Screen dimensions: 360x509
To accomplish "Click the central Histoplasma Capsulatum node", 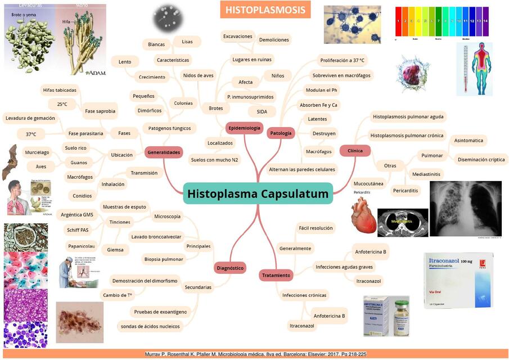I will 258,194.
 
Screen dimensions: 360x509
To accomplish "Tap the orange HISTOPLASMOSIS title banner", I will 265,10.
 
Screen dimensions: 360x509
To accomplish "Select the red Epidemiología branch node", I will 244,128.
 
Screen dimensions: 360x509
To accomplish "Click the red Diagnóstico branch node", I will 231,268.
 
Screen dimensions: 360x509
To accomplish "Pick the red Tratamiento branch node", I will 276,275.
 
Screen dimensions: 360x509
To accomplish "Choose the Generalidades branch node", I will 164,152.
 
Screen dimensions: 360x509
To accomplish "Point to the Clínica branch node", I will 355,150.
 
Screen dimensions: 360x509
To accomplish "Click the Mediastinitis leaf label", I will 426,174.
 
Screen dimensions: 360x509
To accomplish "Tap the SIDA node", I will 262,111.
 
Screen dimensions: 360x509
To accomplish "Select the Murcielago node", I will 37,152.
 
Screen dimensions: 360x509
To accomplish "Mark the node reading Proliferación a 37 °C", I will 343,60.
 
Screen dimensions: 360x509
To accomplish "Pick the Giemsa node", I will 115,250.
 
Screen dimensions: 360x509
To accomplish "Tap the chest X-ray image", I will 465,209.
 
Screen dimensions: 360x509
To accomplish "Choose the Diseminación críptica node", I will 481,159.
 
